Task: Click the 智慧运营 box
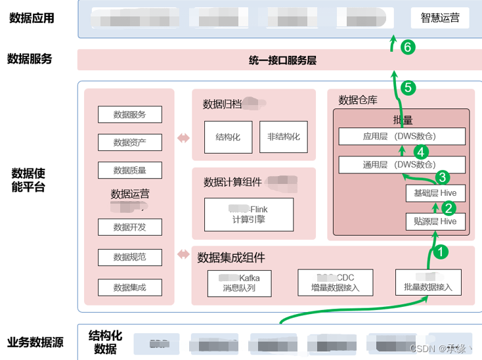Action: click(440, 18)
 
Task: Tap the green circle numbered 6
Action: click(408, 47)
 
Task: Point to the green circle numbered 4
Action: click(421, 150)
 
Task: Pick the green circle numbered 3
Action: click(443, 176)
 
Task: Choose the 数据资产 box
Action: click(129, 142)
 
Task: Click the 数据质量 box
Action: click(129, 170)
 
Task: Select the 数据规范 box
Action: click(129, 257)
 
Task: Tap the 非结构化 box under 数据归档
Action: click(283, 137)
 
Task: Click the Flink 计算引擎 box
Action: click(249, 214)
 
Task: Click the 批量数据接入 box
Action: click(428, 282)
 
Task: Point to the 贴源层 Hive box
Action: click(435, 221)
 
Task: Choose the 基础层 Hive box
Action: click(435, 193)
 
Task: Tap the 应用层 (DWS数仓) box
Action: click(402, 137)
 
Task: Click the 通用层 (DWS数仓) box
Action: click(402, 165)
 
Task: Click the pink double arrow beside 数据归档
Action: click(183, 138)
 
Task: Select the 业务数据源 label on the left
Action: click(36, 342)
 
